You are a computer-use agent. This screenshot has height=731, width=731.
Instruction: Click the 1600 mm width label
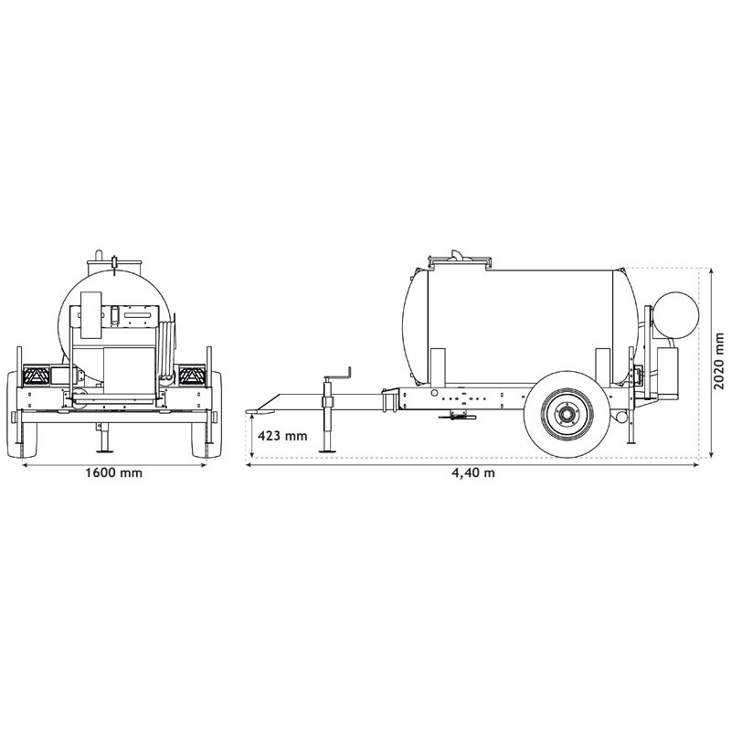113,473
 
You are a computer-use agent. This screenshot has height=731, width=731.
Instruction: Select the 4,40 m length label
474,473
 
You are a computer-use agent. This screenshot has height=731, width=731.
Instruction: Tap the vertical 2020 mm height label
719,362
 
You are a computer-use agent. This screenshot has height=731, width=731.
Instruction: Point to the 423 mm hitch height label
283,436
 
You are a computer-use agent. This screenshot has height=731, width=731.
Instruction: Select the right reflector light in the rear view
192,374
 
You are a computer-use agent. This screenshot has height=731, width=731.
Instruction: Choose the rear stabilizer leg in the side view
631,429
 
